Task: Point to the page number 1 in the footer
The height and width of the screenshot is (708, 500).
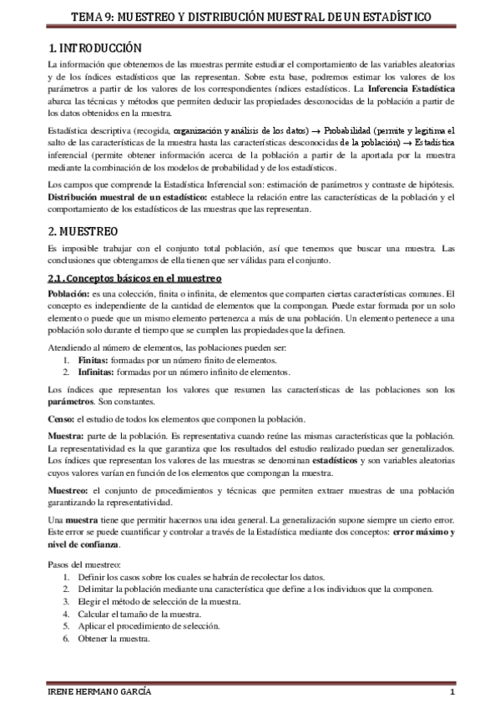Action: pos(451,694)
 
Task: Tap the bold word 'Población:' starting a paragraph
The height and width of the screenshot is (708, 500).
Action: pos(71,293)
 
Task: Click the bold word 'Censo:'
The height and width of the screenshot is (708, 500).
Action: pos(63,419)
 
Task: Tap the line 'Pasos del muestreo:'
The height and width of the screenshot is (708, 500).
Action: pos(84,565)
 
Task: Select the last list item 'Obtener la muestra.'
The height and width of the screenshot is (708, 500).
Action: pos(114,640)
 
